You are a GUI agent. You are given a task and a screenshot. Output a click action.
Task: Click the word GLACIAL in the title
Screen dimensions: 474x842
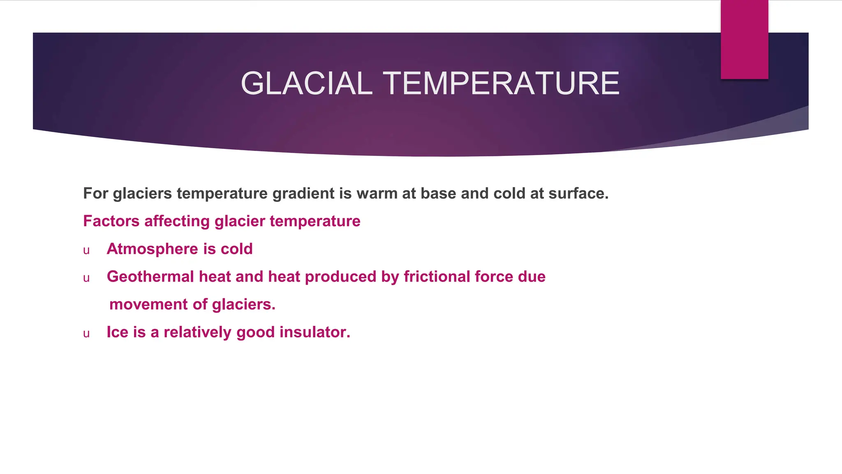point(306,84)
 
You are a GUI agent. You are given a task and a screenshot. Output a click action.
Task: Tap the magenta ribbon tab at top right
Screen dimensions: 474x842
point(744,40)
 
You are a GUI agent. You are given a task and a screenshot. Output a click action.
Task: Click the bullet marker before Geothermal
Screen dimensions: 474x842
point(86,278)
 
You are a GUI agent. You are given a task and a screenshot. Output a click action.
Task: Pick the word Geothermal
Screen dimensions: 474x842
point(150,277)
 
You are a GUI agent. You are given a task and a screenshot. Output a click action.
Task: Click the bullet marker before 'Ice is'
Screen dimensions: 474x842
point(86,334)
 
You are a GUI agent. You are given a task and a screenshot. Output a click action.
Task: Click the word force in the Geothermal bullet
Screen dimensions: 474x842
point(494,277)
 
